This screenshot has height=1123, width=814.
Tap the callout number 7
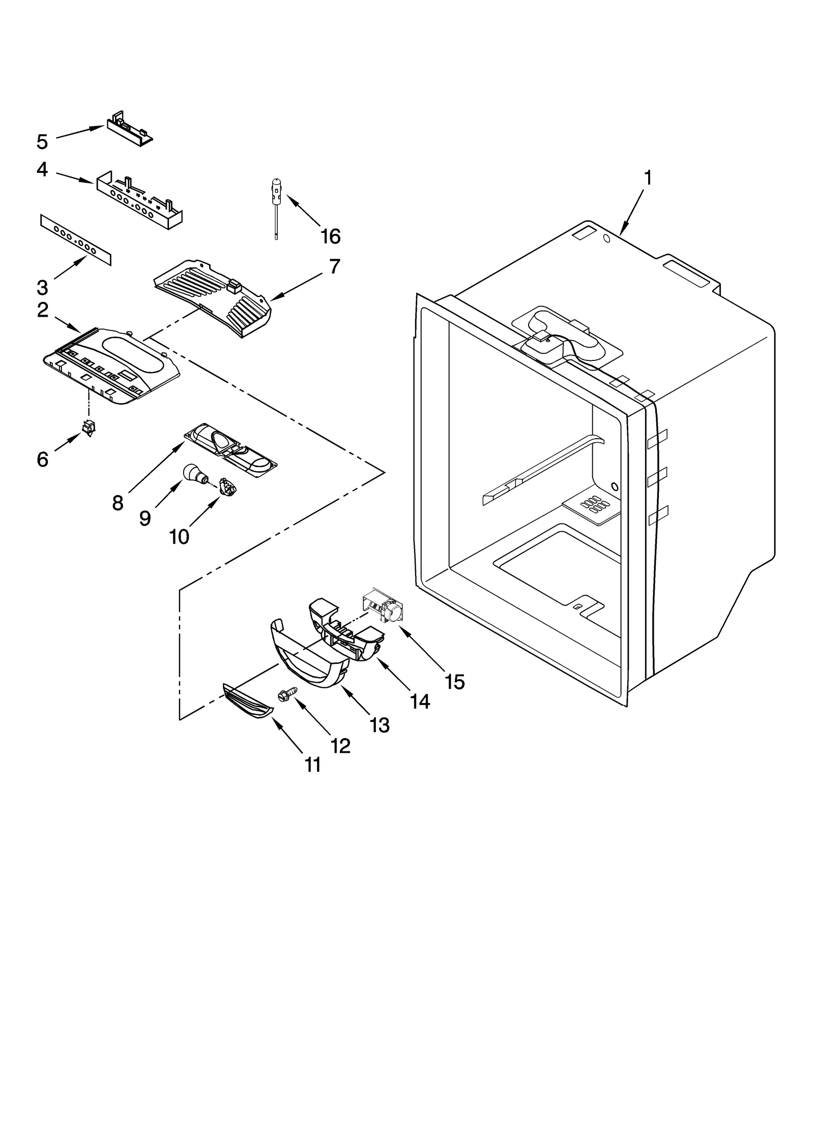[334, 266]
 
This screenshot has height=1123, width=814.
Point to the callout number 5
[42, 142]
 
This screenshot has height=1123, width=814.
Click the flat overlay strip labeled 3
[75, 239]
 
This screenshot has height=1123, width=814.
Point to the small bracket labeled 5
[129, 127]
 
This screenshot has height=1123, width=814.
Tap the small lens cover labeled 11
[248, 702]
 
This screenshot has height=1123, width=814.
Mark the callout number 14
[420, 702]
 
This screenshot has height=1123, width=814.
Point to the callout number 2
[43, 310]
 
